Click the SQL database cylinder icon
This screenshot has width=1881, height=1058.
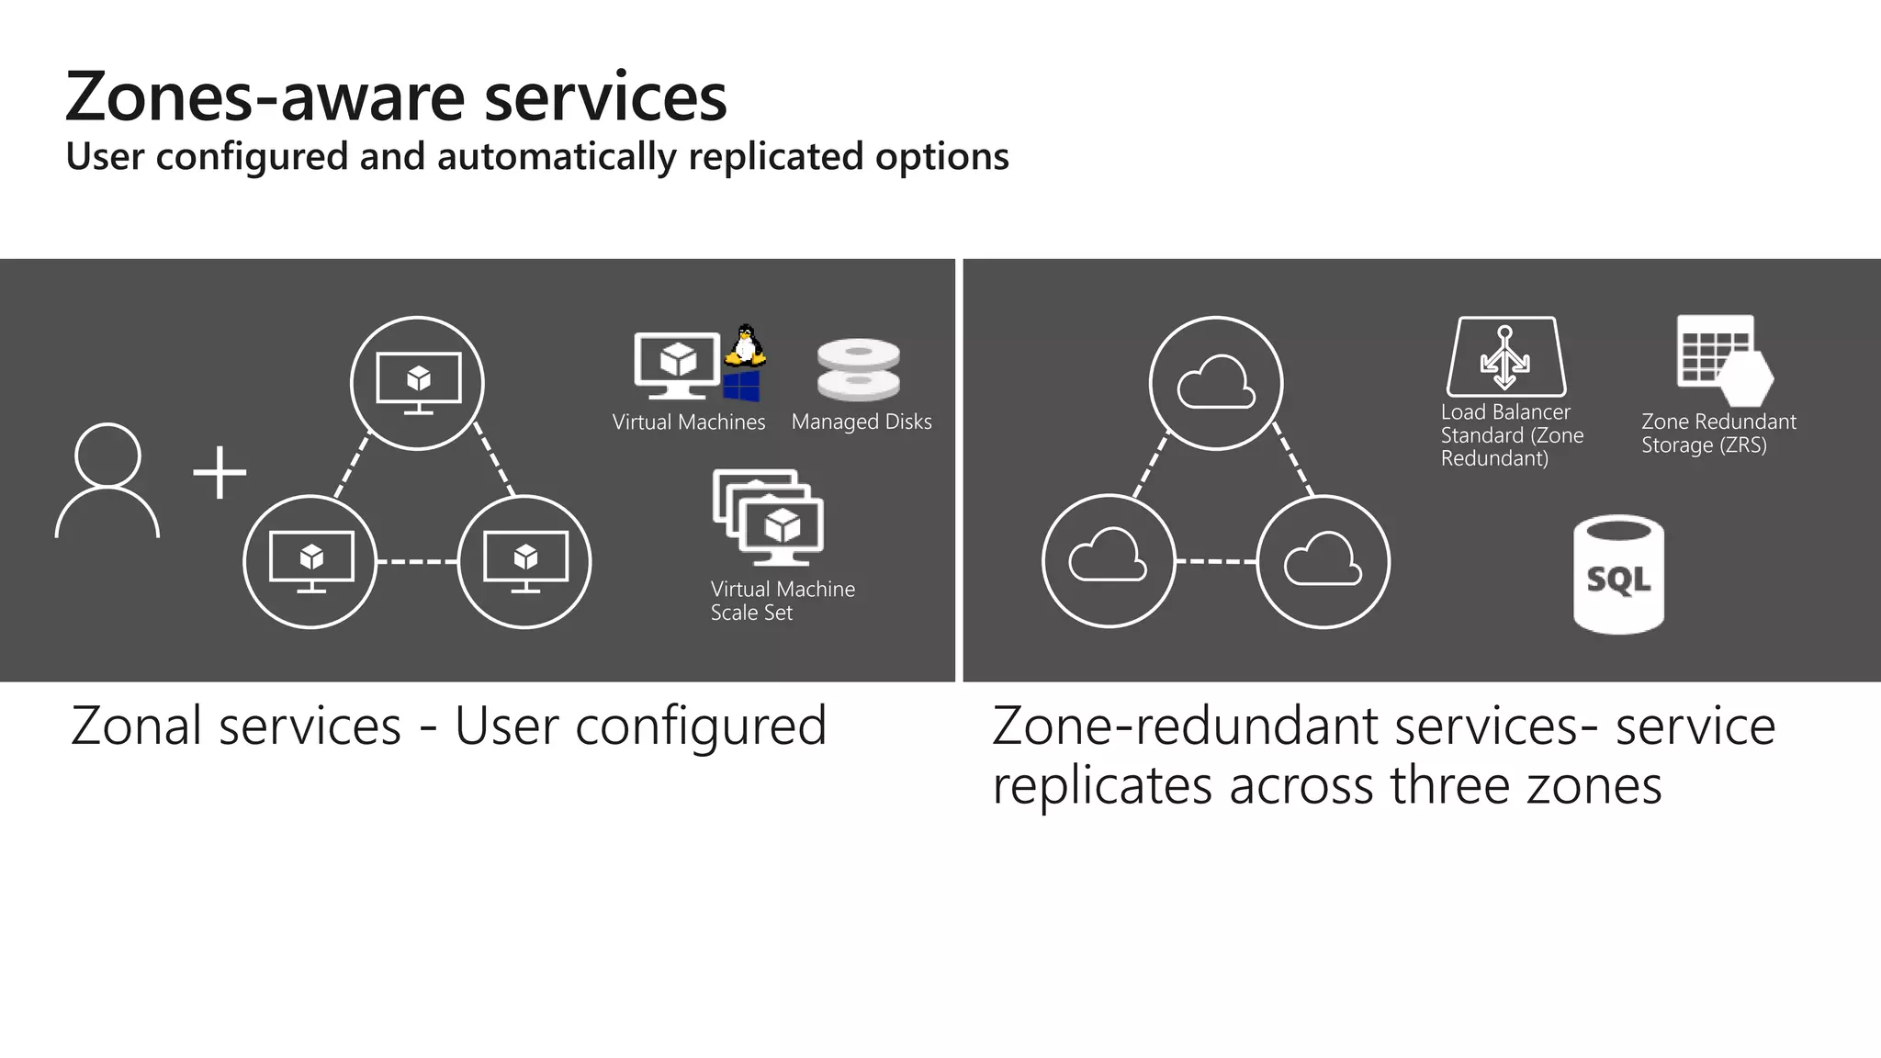pos(1618,574)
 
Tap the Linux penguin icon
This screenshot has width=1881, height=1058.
pos(746,345)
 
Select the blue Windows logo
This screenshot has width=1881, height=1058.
pos(741,386)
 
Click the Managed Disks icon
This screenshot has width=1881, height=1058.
pos(859,369)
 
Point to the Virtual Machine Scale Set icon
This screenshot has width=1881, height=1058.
pos(769,517)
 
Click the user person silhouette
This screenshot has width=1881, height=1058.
pos(107,480)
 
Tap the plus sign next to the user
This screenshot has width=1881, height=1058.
pos(220,473)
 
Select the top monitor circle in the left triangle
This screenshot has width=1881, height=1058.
pos(418,383)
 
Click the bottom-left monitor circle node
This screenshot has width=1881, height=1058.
pos(310,561)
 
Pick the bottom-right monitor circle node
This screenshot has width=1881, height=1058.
pos(524,561)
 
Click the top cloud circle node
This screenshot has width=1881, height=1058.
pos(1216,383)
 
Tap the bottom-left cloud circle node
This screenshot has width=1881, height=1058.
pos(1109,561)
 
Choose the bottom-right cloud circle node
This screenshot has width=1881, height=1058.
pos(1323,561)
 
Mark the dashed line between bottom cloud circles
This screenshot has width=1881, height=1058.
pos(1216,561)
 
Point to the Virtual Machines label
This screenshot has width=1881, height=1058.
pos(689,422)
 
